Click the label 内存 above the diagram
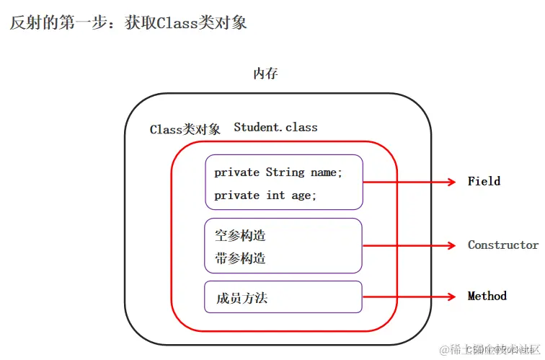265,74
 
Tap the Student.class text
275,127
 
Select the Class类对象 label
185,130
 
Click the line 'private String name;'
278,172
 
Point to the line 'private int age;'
265,196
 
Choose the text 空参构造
240,235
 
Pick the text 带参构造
240,258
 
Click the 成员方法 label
242,297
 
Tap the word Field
484,181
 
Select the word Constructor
502,245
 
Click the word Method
487,296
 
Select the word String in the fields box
285,172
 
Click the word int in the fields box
275,196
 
